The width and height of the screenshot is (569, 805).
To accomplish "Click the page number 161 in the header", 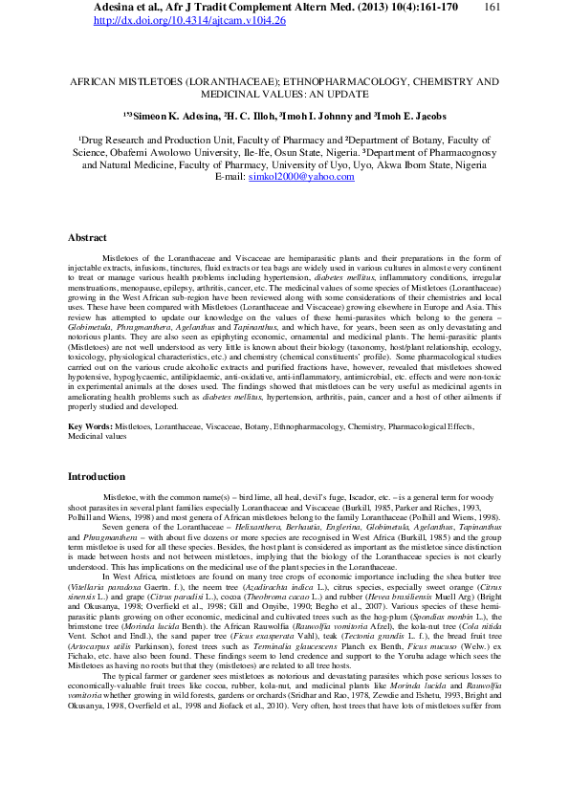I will tap(493, 7).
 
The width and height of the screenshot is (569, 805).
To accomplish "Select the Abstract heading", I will tap(87, 237).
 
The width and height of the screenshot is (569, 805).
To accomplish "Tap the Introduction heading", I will tap(96, 476).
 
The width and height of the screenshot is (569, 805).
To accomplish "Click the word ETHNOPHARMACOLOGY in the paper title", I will tap(318, 83).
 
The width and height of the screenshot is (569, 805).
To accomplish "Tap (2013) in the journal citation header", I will tap(376, 7).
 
